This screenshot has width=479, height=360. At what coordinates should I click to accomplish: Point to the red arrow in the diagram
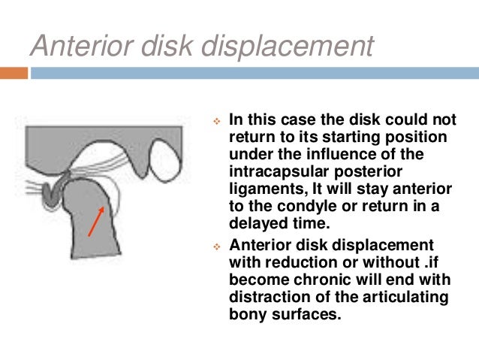click(x=96, y=220)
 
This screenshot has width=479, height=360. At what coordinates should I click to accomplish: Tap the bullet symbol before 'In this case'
click(x=216, y=120)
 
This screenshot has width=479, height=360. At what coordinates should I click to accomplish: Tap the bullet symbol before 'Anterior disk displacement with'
click(x=216, y=245)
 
